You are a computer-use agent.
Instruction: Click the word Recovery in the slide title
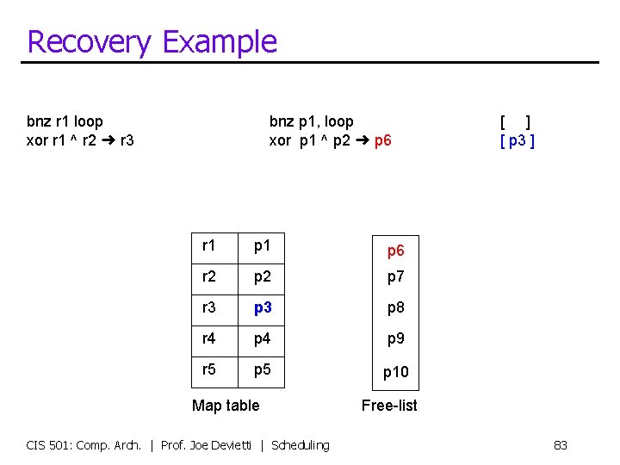point(88,42)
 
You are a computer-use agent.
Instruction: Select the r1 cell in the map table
point(209,246)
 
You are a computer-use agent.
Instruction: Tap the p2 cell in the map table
point(262,276)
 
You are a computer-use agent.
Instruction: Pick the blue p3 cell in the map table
point(262,307)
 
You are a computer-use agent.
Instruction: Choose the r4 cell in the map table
point(209,338)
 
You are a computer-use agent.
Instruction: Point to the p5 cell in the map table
point(262,369)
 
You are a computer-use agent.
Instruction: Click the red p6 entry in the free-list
point(395,251)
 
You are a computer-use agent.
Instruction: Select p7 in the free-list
point(395,277)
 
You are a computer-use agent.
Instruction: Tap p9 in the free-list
point(395,339)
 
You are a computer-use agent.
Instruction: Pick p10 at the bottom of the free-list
point(395,372)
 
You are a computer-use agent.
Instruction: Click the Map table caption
point(226,405)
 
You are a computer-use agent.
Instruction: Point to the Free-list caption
point(389,405)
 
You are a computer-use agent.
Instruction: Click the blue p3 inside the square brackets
point(518,140)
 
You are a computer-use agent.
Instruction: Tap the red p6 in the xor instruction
point(383,140)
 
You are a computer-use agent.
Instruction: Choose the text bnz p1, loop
point(311,122)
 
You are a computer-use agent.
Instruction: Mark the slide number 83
point(561,445)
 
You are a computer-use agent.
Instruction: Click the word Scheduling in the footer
point(300,445)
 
